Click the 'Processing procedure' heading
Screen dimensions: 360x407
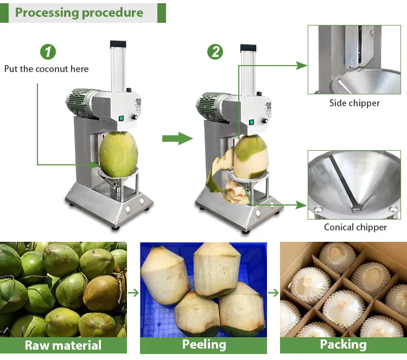point(79,12)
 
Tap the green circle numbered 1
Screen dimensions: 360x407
point(48,52)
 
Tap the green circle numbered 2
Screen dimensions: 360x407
point(215,52)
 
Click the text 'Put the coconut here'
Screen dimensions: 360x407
point(46,69)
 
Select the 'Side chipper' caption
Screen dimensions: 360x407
point(354,103)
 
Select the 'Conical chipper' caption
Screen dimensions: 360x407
point(355,227)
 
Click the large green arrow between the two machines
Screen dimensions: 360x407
point(177,138)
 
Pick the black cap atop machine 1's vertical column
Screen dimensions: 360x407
point(118,43)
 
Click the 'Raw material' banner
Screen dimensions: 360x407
point(63,345)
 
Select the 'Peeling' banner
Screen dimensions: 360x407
point(204,344)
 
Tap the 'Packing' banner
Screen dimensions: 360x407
point(343,344)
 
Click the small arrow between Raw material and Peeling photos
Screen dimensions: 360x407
point(133,293)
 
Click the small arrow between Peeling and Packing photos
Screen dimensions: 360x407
point(273,293)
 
